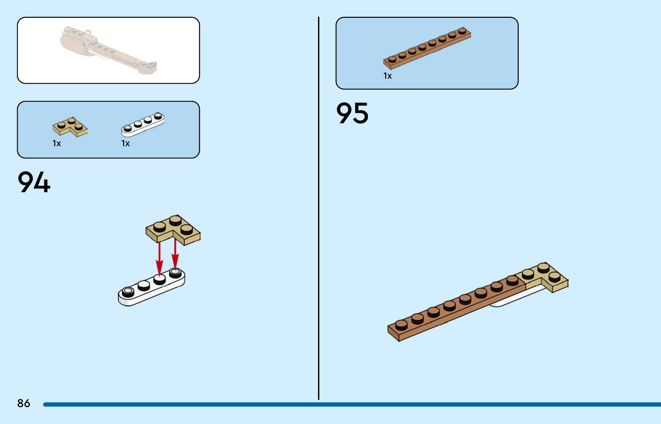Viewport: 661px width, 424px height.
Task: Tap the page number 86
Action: pos(24,403)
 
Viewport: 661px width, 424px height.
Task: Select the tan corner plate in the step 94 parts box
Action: pos(70,127)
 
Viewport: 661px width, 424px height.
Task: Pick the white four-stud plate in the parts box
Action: pos(143,124)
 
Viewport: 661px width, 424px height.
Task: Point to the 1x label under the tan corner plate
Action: pos(57,143)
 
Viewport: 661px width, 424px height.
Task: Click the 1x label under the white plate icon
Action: pos(125,143)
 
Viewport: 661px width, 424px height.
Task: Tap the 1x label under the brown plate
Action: pos(387,76)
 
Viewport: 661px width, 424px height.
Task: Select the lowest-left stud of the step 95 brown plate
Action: pos(401,325)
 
